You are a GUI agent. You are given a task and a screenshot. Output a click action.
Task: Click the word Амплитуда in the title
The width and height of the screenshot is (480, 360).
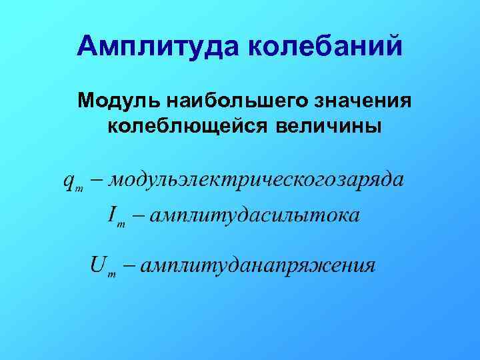[159, 46]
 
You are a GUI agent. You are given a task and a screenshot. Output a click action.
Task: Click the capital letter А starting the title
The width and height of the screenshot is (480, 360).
[87, 46]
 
